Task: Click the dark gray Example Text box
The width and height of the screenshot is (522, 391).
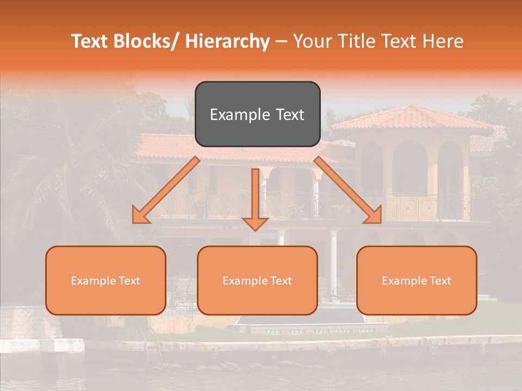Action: [257, 114]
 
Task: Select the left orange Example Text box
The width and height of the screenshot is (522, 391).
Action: [105, 280]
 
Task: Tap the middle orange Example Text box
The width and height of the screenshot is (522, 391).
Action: [257, 280]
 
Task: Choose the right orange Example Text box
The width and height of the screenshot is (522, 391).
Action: [417, 280]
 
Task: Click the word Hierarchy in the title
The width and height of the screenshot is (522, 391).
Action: [227, 42]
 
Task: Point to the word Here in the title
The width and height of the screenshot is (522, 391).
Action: [443, 42]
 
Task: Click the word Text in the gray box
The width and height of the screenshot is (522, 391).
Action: [289, 115]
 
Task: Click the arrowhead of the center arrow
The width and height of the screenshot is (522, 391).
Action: [255, 223]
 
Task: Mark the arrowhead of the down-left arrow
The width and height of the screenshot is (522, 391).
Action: [141, 216]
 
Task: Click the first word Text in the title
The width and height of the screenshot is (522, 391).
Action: [90, 42]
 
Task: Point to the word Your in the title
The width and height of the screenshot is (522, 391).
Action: [312, 42]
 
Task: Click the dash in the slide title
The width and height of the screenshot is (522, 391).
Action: [281, 42]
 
